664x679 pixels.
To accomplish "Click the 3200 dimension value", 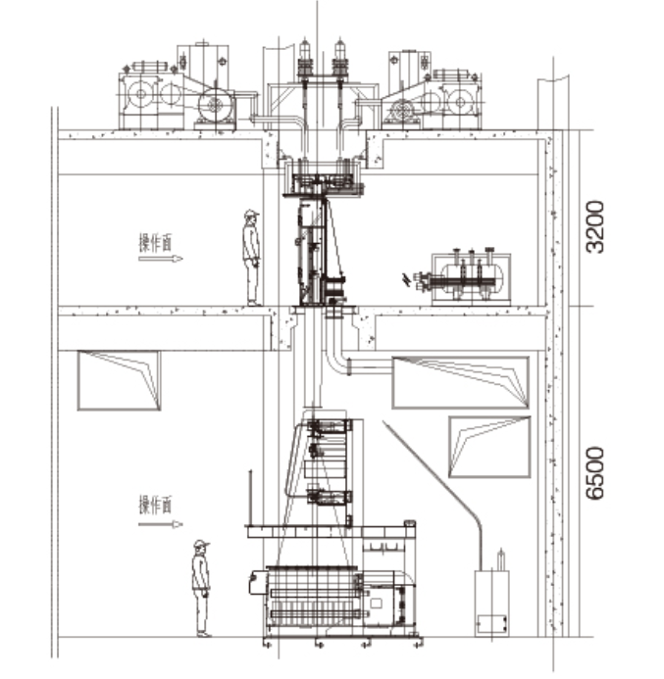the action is coord(594,226).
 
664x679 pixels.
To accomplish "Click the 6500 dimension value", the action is coord(594,473).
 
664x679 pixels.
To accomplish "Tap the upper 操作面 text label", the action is coord(155,243).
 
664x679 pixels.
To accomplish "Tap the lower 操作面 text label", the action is coord(155,505).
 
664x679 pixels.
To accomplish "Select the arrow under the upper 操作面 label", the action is coord(161,259).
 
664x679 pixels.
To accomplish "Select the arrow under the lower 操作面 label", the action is coord(161,524).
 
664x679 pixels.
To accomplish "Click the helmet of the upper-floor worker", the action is coord(250,214).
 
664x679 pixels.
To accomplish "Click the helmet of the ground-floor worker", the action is coord(201,544).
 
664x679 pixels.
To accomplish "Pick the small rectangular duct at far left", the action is coord(120,380).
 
